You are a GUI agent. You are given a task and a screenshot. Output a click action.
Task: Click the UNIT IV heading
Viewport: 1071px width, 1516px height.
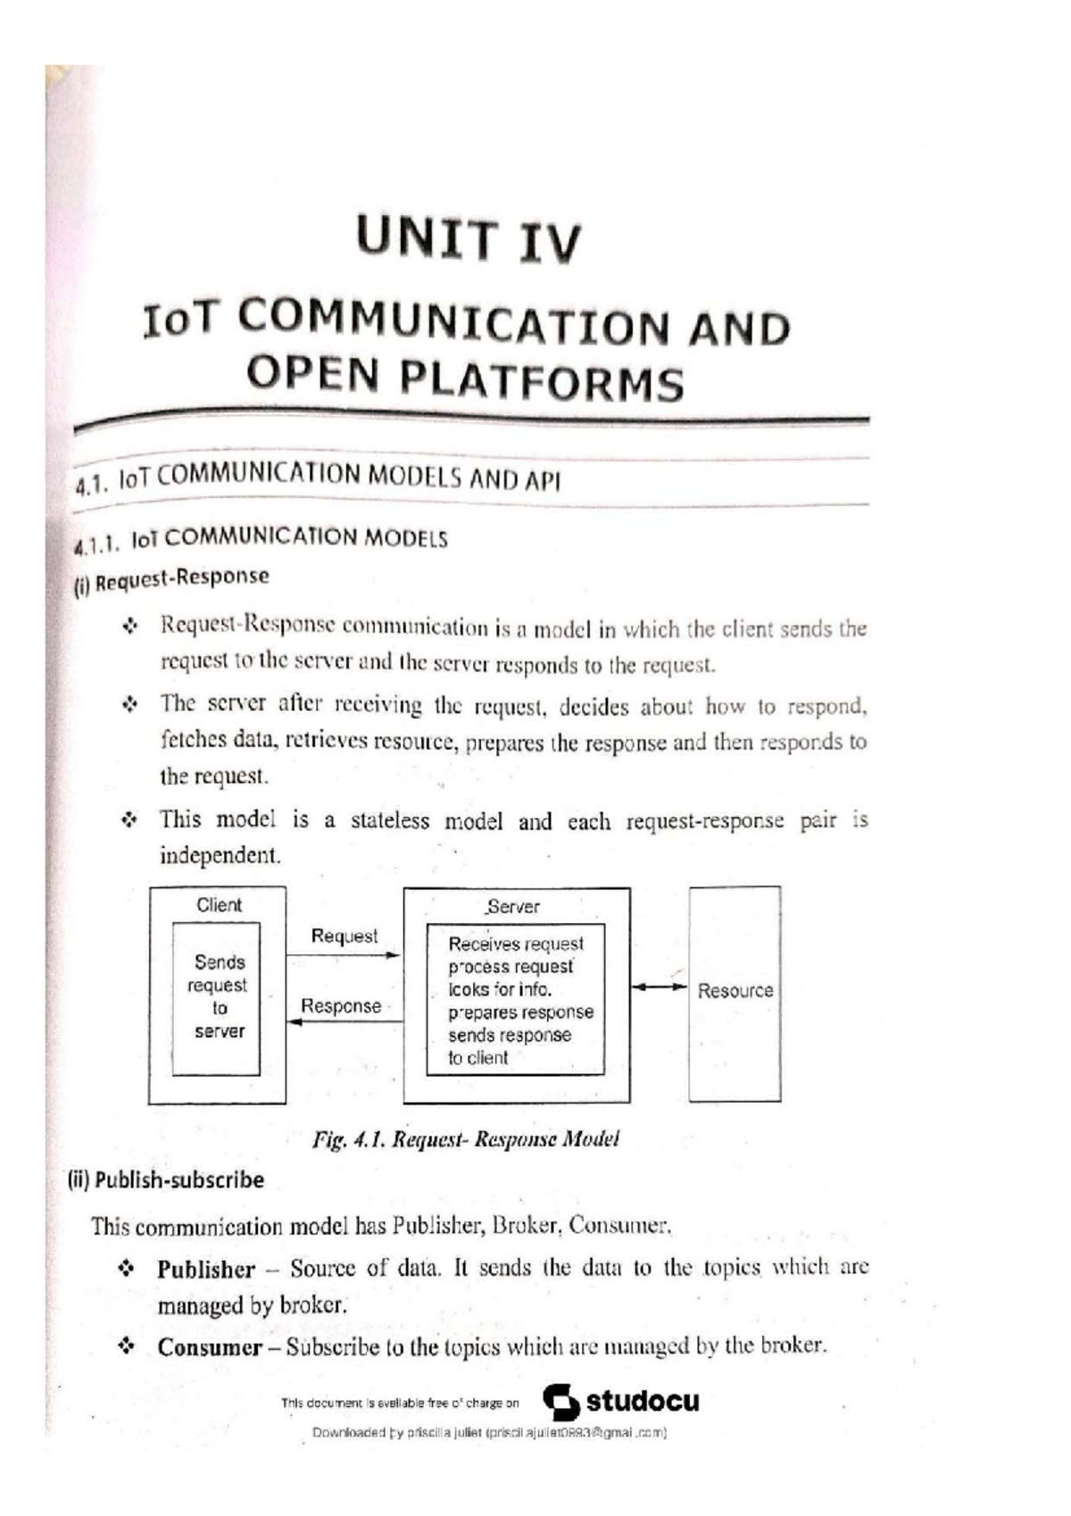(469, 239)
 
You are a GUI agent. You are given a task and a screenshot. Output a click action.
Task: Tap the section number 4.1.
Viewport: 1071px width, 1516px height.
(91, 485)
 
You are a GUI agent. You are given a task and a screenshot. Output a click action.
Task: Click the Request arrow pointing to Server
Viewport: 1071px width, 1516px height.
(344, 955)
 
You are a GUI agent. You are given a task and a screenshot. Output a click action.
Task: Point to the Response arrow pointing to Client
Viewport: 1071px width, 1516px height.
(344, 1020)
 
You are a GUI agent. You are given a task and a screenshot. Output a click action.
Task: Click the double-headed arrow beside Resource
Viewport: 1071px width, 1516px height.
(659, 987)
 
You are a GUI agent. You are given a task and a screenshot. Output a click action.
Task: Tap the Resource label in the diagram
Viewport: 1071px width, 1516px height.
(735, 991)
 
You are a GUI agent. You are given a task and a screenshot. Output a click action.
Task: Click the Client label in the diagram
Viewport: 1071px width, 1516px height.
(219, 904)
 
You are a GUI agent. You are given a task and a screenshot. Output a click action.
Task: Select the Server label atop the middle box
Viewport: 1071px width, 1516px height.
(513, 907)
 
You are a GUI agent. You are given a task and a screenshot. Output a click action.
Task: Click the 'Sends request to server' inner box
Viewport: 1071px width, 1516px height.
(217, 997)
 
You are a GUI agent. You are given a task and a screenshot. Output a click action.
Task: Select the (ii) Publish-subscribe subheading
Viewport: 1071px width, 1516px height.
(167, 1180)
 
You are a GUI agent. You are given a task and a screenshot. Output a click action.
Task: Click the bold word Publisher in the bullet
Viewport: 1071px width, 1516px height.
(206, 1269)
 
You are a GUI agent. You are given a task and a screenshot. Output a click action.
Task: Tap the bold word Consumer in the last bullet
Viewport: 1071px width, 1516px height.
(210, 1347)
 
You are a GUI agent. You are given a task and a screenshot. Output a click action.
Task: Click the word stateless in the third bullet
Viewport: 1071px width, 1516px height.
(390, 820)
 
